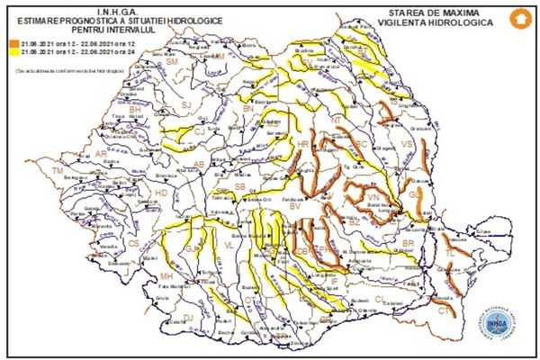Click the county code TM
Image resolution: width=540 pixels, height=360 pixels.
[x=58, y=170]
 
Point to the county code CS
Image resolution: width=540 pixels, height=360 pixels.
[x=134, y=243]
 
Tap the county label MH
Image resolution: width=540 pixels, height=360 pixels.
[x=166, y=275]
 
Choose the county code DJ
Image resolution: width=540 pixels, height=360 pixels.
[x=188, y=316]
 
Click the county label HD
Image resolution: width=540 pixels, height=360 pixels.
[x=161, y=193]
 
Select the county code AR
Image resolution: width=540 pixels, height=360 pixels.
[x=101, y=154]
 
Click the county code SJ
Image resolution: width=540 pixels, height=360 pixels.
[x=188, y=105]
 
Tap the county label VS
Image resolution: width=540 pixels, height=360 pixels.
[x=405, y=144]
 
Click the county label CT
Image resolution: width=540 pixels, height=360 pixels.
[x=444, y=310]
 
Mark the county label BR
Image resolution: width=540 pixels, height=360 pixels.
[x=407, y=243]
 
